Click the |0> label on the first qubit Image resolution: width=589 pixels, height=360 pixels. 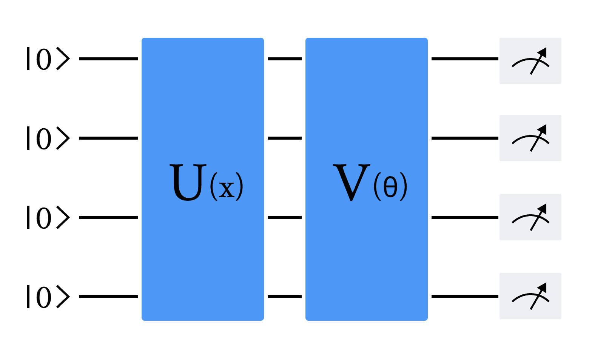(48, 59)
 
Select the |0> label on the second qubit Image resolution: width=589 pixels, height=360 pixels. (48, 138)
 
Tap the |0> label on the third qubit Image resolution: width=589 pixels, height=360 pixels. (48, 217)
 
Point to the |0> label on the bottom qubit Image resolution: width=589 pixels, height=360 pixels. (48, 297)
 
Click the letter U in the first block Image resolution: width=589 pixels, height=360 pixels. (188, 182)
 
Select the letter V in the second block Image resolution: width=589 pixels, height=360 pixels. (351, 182)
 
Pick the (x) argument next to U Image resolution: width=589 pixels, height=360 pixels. (227, 187)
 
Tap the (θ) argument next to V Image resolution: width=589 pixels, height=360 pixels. (390, 187)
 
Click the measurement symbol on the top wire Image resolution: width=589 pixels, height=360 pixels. (530, 61)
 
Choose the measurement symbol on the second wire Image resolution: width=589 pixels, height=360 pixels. (530, 138)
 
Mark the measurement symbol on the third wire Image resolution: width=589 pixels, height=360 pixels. (530, 217)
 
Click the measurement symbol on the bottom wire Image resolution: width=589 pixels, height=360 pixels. (530, 296)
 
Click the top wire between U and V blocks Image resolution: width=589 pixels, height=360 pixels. (285, 59)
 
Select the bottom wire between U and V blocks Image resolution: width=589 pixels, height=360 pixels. (285, 297)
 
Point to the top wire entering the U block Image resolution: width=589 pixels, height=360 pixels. (108, 59)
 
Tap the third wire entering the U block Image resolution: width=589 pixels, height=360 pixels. (108, 217)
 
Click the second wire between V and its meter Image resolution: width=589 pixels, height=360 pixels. (465, 138)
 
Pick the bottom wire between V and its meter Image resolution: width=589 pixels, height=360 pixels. (465, 297)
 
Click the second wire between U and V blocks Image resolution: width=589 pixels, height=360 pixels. (285, 138)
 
